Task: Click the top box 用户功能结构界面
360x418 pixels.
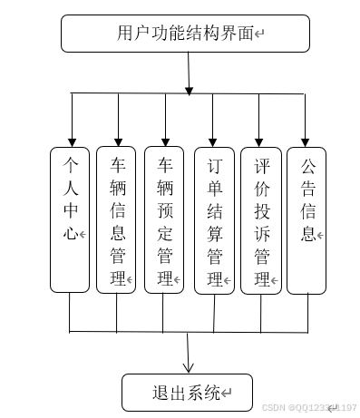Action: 185,34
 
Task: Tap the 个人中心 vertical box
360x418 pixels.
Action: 70,219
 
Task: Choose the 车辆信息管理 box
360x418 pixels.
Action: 116,219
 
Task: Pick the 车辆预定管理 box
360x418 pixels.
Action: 164,219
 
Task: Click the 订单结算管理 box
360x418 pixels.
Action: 214,219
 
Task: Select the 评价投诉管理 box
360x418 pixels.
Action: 261,219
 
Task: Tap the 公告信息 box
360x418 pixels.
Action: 306,219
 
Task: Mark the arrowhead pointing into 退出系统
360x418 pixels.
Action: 189,367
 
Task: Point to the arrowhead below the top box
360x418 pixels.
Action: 189,89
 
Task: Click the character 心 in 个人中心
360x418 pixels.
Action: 70,234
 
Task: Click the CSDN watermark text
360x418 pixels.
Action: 308,408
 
